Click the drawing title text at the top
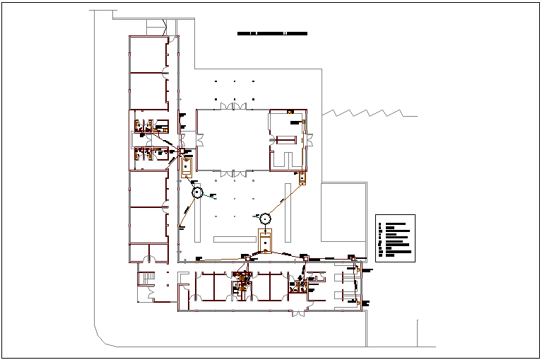[272, 33]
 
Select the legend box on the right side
[396, 238]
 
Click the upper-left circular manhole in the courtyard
[197, 192]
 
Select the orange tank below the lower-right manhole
[264, 242]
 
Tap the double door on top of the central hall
[234, 106]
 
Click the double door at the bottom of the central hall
[234, 173]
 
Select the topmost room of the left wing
[148, 54]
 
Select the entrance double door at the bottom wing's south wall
[298, 312]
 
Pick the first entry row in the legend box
[395, 223]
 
